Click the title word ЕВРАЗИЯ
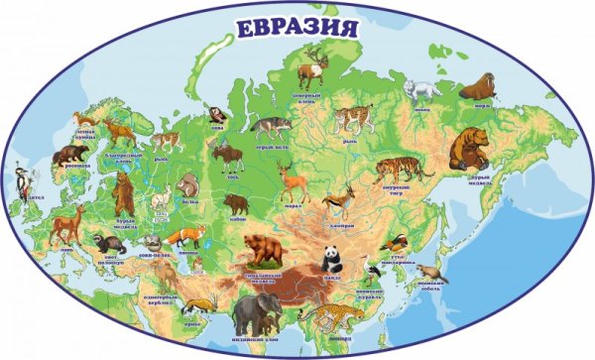point(297,27)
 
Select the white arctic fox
point(423,90)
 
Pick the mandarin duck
point(399,242)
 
